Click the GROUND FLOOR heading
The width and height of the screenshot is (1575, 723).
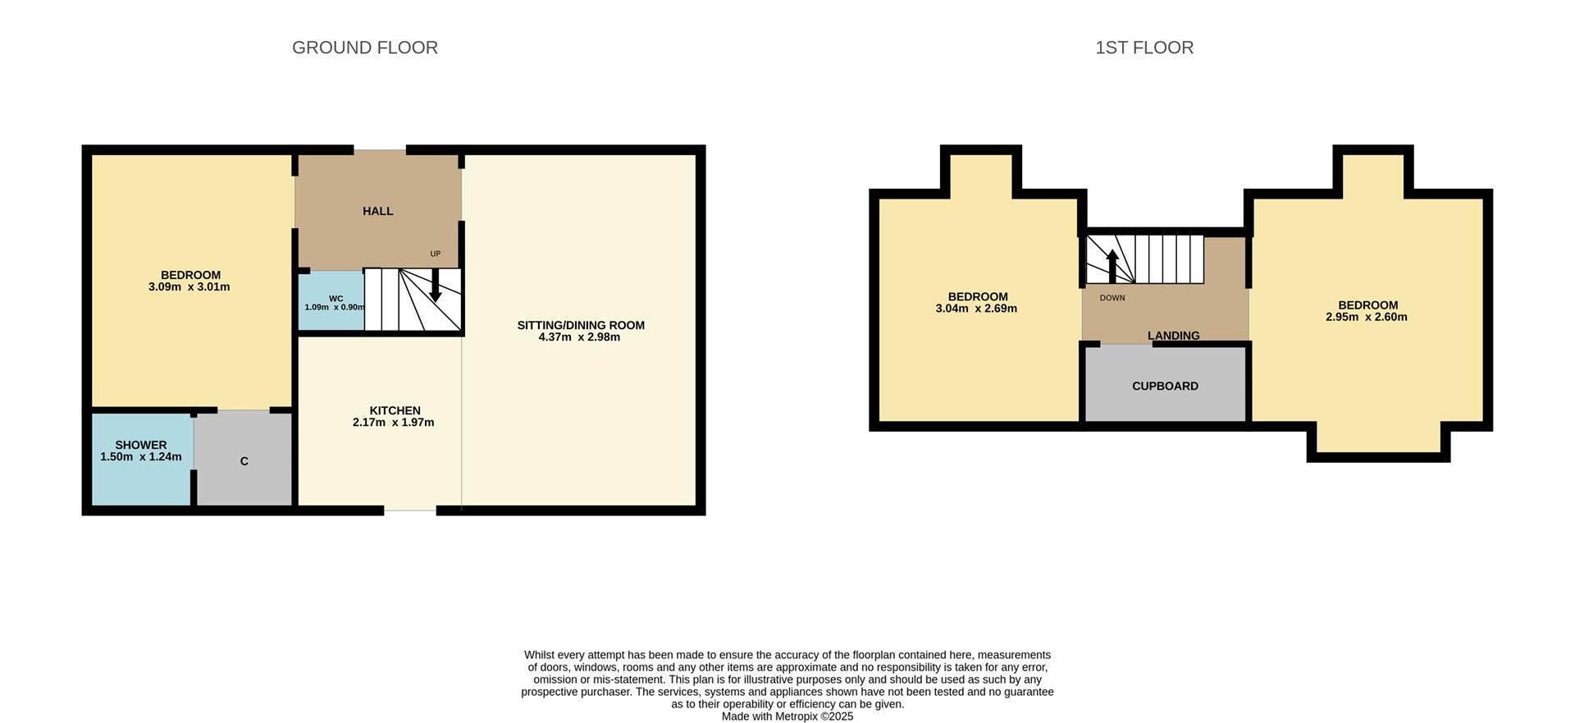tap(365, 48)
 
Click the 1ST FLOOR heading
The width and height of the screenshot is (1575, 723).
tap(1144, 48)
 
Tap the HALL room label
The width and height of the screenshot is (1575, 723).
tap(378, 211)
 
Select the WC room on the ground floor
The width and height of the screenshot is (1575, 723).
tap(331, 301)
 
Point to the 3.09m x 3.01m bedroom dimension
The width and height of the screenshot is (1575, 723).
tap(189, 287)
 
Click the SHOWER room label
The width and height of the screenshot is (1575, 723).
tap(141, 445)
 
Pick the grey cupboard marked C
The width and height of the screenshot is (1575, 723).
tap(244, 461)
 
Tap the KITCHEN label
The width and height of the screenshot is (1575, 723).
tap(395, 410)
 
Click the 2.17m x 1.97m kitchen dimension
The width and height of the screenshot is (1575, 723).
tap(394, 423)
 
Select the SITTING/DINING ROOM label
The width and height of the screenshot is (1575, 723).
tap(581, 325)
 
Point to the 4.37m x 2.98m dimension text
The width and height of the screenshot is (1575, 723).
tap(579, 337)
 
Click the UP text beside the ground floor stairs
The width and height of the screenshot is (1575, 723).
tap(436, 254)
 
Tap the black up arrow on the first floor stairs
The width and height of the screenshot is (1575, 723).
tap(1112, 266)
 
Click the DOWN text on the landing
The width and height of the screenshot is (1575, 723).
tap(1112, 298)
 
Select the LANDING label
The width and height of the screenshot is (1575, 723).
tap(1173, 336)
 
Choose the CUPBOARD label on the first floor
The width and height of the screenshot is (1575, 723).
tap(1165, 386)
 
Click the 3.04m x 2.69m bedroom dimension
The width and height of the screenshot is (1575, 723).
tap(976, 309)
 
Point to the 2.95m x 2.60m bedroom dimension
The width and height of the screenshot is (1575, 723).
tap(1367, 318)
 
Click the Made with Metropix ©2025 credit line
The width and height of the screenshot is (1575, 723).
tap(787, 716)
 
